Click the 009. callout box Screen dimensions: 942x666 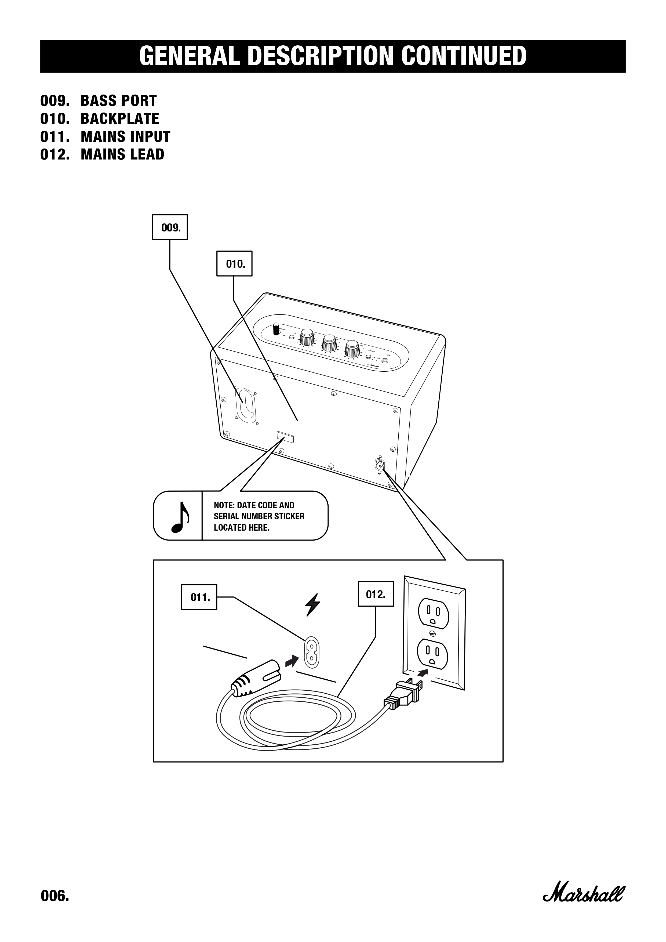(169, 227)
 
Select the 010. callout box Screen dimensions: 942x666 (234, 263)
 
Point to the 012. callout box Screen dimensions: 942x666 (376, 594)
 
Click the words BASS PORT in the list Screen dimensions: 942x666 (119, 100)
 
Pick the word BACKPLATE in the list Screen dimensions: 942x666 (120, 119)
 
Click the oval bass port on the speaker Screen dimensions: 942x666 (246, 403)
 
